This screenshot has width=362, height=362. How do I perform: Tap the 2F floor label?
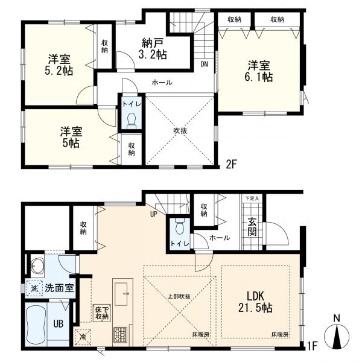231,164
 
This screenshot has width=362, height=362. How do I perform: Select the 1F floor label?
313,346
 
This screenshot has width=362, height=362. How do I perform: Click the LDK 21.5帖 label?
255,302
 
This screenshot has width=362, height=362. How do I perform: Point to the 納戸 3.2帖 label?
153,49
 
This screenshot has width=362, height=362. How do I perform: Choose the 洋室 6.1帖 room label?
259,71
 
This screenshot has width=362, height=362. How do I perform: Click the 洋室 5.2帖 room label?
59,65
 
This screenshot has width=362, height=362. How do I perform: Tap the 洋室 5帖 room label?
71,137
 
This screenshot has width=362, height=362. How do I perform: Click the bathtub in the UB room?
36,323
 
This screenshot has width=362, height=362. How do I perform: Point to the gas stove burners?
120,334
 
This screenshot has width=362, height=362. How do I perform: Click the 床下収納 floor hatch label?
102,313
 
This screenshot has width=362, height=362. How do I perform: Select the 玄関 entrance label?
252,227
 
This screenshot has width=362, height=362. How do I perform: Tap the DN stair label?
204,64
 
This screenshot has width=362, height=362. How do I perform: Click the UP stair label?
153,214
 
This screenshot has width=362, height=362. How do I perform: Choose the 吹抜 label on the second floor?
180,131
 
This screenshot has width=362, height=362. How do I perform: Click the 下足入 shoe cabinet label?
252,198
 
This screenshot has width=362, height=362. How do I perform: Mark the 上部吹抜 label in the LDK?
179,296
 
